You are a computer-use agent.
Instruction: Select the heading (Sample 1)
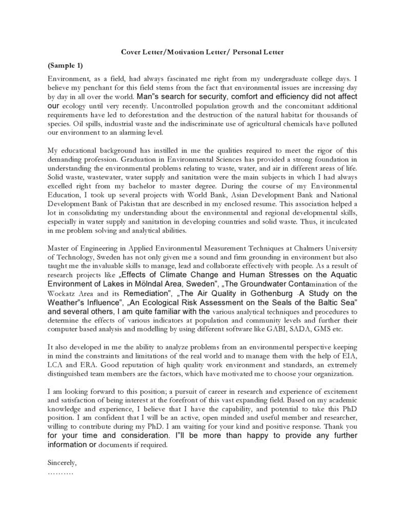[x=65, y=66]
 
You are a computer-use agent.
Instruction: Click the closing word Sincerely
[x=62, y=462]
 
